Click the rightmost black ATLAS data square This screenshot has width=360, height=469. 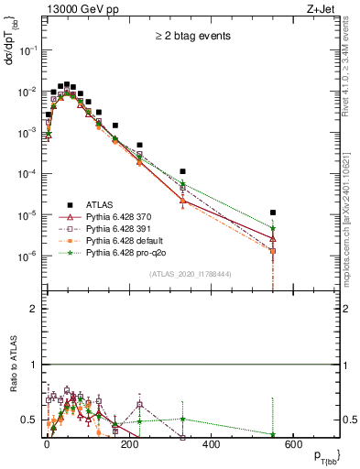(273, 213)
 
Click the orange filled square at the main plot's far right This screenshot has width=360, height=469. (273, 250)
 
